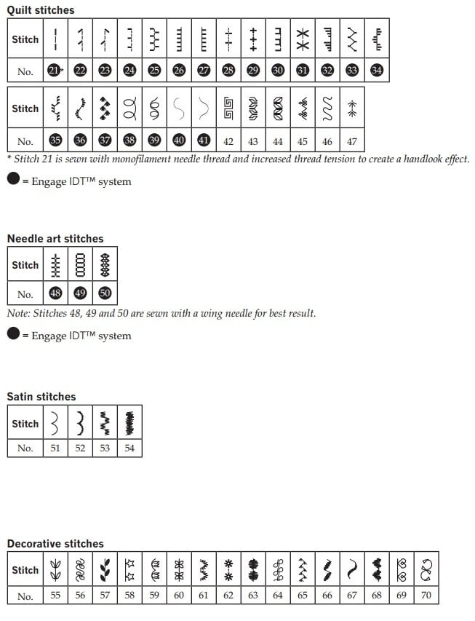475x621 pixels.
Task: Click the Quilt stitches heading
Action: pos(41,10)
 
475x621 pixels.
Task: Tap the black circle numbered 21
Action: pos(55,70)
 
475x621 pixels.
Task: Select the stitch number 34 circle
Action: pos(377,70)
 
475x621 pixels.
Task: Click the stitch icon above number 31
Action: pos(303,39)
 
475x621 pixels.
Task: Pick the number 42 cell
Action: pos(228,141)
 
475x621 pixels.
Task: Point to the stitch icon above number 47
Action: pos(352,109)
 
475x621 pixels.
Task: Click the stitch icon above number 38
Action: pos(129,109)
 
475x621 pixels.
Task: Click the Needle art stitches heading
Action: pos(55,238)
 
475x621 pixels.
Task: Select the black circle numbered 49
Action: pos(80,293)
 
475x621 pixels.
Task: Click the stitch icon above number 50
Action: pos(105,265)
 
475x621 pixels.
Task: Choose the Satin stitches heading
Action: pos(41,396)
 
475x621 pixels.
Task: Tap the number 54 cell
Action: pos(129,448)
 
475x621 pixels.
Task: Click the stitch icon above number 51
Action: pos(55,423)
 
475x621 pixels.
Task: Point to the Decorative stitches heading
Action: pos(55,543)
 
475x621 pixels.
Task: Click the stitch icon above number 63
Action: pos(253,569)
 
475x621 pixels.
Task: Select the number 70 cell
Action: pos(426,596)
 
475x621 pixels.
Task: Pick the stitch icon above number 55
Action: pos(55,569)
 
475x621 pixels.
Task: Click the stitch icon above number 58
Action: pos(129,569)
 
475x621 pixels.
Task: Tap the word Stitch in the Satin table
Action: pos(25,423)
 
